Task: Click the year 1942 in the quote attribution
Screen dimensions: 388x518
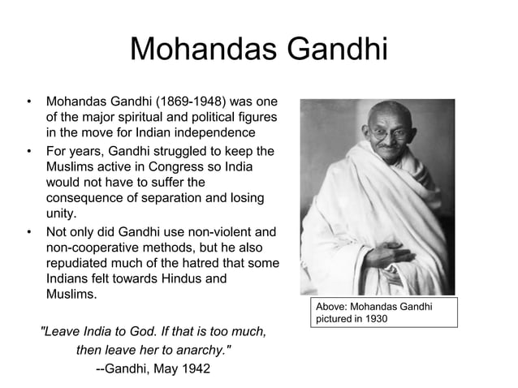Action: [193, 369]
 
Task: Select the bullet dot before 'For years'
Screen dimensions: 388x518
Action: [29, 152]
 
